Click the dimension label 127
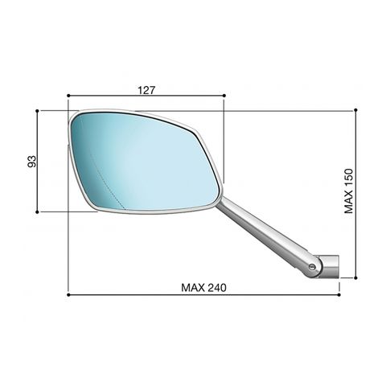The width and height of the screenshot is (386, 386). pos(146,90)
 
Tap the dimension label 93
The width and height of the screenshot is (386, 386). pos(31,161)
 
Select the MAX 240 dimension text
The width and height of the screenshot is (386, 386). pos(203,288)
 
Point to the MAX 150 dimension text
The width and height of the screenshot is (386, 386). pos(349,191)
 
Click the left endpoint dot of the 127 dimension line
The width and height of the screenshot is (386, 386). pos(68,96)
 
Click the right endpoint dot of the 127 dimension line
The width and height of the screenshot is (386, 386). pos(224,96)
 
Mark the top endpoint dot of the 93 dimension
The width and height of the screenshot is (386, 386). pos(37,110)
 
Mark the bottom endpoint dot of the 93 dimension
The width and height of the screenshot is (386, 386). pos(37,211)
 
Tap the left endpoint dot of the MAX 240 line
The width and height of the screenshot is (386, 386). pos(68,295)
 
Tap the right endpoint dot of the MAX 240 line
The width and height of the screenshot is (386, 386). pos(339,295)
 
